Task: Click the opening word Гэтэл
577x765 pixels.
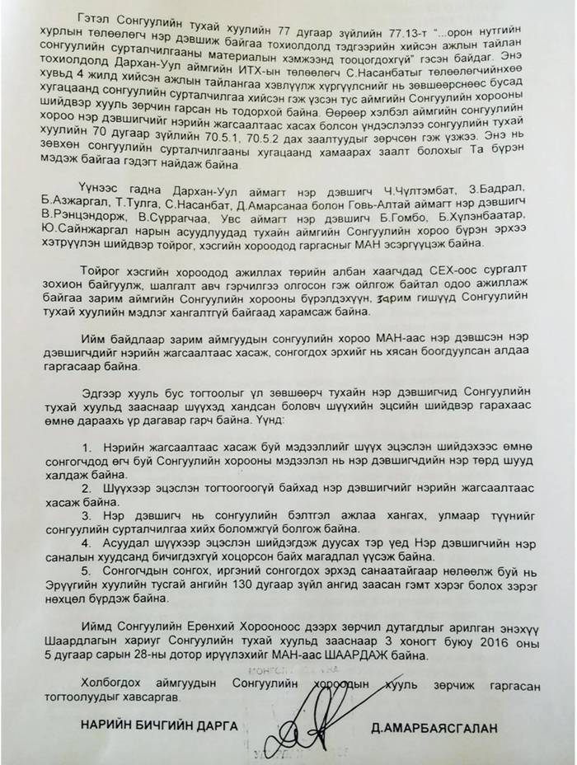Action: (115, 17)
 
